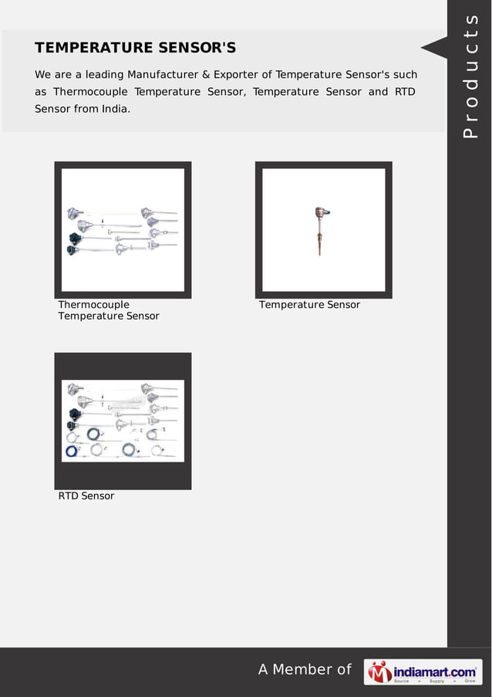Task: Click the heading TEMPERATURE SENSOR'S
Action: pos(135,48)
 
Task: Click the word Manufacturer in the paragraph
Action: pos(163,75)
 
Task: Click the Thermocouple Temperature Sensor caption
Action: pos(108,310)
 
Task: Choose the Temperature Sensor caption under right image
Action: pos(309,305)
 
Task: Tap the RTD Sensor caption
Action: pos(86,496)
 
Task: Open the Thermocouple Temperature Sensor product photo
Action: pos(123,230)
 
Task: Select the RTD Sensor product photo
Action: pos(123,421)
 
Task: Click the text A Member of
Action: pos(305,669)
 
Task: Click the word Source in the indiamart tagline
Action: pos(402,681)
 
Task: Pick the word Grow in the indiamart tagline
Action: pos(469,681)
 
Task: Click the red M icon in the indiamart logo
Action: pos(379,672)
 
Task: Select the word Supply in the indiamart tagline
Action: pos(436,681)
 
